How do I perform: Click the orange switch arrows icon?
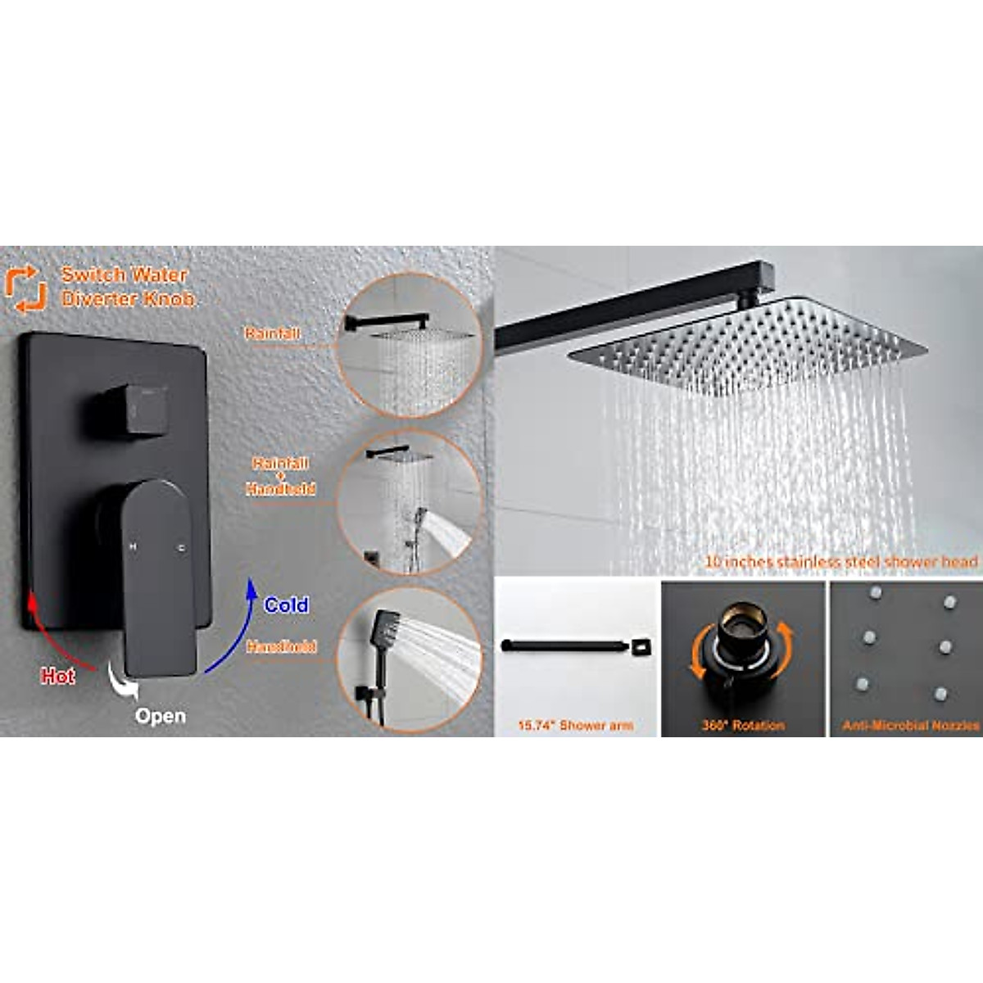pos(25,288)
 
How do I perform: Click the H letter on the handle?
pos(132,546)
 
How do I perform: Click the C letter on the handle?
pos(181,547)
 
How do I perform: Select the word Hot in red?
pos(58,677)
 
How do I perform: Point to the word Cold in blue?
pos(286,605)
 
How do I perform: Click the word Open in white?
pos(161,717)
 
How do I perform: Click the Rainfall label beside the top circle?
pos(273,333)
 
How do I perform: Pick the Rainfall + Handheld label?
pos(281,476)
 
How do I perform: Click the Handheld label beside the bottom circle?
pos(281,647)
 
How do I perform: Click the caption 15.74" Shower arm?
pos(575,726)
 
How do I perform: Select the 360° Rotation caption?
pos(743,726)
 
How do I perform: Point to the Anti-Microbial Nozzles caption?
pos(911,726)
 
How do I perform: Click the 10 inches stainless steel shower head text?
pos(841,562)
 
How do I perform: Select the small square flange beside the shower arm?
pos(638,647)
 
